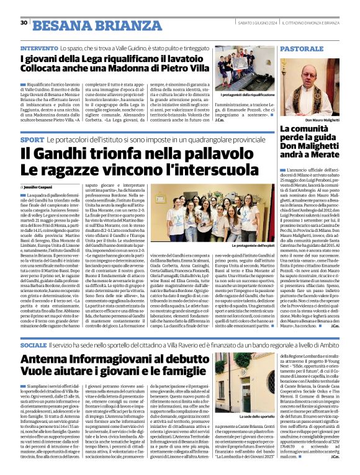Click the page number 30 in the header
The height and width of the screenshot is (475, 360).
click(x=24, y=23)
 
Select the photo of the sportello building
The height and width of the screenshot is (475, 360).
click(x=241, y=383)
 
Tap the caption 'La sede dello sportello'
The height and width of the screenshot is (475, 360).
click(x=246, y=417)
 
